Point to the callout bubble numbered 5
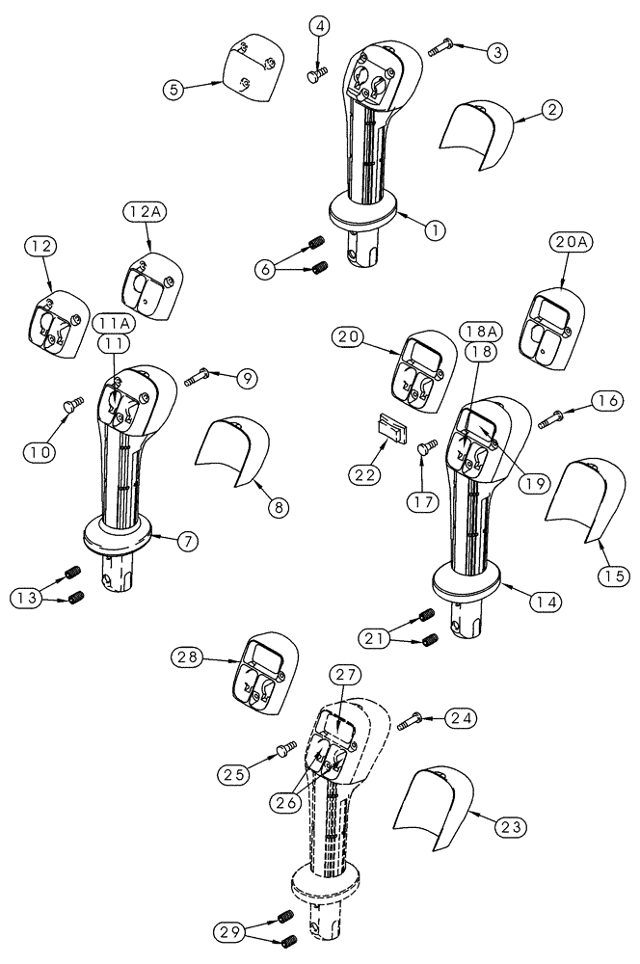[173, 91]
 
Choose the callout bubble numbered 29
[229, 931]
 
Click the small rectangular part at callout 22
[389, 423]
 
